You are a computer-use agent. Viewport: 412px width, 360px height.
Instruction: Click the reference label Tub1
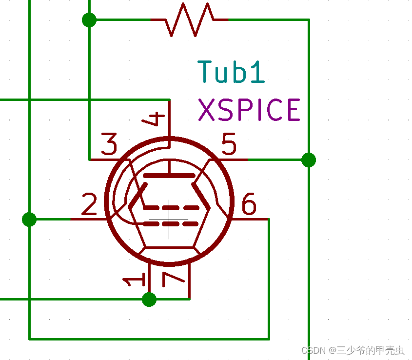tap(232, 72)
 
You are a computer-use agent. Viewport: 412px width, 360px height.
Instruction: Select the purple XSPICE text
tap(249, 110)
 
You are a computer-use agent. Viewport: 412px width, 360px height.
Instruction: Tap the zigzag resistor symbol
tap(190, 20)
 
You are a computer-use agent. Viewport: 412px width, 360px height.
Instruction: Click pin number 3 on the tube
tap(109, 144)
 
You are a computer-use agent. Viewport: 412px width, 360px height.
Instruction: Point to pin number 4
tap(155, 119)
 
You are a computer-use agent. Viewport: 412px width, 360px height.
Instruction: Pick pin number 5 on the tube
tap(229, 144)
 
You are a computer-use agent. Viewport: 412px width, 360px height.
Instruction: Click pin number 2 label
tap(89, 205)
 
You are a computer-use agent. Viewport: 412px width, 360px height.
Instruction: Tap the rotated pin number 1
tap(133, 280)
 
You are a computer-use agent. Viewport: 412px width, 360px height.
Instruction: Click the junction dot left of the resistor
tap(89, 20)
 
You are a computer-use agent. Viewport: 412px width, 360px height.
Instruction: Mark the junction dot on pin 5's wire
tap(309, 160)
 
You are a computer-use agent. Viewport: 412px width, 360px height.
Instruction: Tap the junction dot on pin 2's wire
tap(29, 219)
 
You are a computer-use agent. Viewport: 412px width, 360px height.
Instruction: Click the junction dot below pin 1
tap(149, 299)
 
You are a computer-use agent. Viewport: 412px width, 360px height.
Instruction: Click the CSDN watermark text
tap(353, 350)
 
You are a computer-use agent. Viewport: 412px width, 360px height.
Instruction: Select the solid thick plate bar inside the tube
tap(169, 175)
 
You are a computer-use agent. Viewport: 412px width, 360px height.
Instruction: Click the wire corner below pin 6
tap(269, 339)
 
